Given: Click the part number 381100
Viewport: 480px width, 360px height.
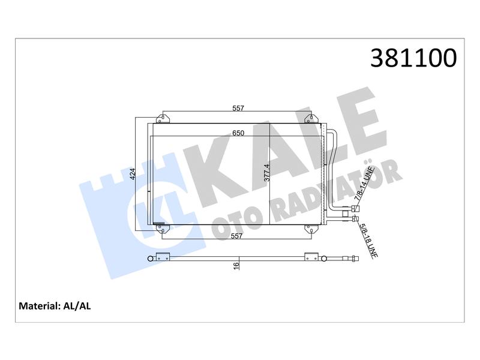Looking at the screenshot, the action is click(413, 58).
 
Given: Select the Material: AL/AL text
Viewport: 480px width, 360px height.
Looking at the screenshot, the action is click(55, 306).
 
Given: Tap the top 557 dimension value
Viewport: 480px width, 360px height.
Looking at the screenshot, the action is click(238, 108).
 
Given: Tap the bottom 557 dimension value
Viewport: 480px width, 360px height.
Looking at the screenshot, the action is click(236, 236).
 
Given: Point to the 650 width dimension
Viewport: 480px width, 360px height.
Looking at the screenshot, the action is click(238, 133).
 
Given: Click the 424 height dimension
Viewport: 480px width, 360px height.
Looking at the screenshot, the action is click(133, 173).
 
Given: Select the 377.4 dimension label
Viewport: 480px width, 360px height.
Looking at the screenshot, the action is click(267, 173).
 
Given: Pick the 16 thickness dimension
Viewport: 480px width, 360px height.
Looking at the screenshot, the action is click(236, 266).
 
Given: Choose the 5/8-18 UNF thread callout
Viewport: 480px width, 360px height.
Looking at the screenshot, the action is click(368, 241).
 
